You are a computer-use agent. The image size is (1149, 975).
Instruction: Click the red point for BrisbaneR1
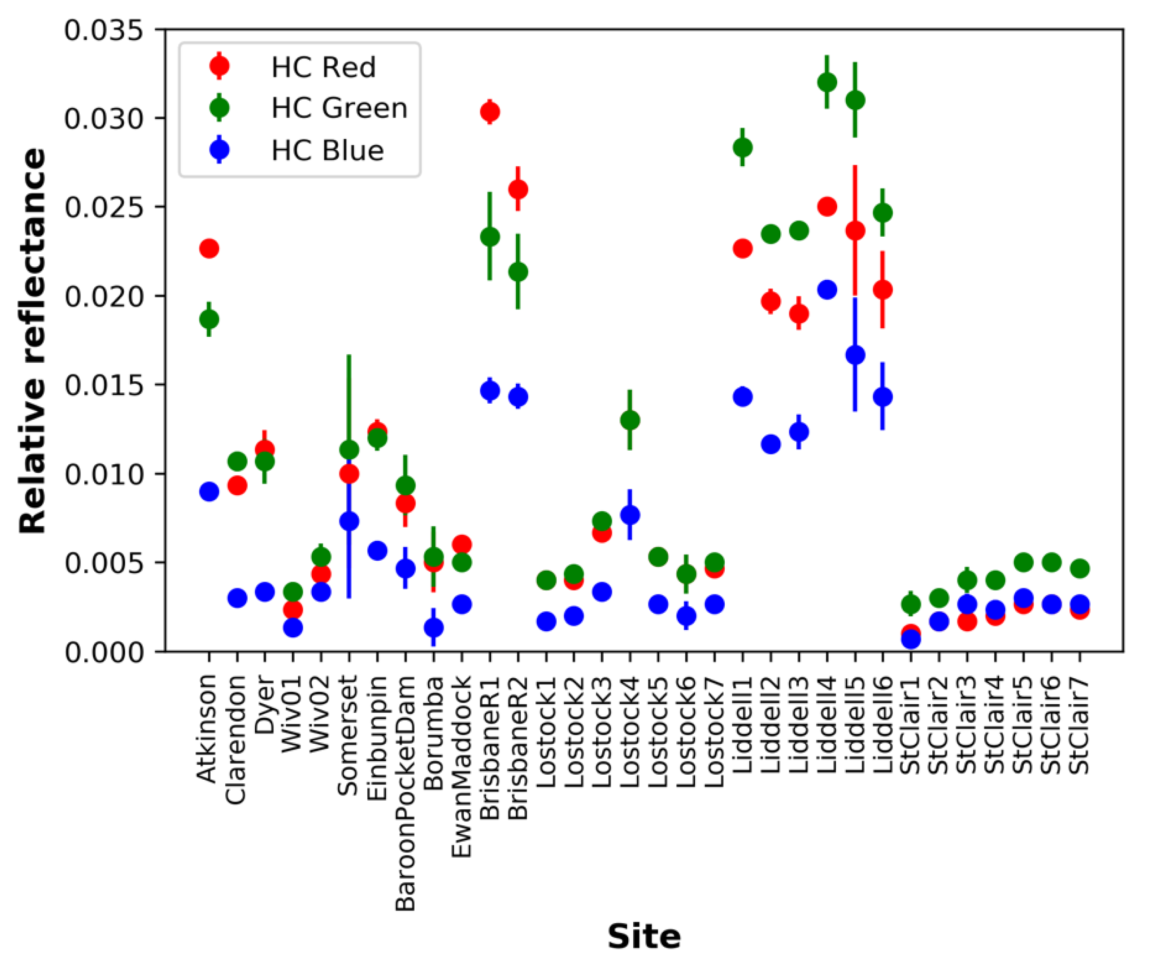(490, 112)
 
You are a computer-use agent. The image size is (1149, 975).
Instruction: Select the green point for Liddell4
(826, 82)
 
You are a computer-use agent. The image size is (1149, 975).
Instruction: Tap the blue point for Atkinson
(209, 492)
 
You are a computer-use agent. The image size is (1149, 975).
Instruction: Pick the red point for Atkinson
(209, 248)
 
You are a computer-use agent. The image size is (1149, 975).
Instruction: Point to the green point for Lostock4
(630, 420)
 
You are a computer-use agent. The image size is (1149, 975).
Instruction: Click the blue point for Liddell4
(826, 289)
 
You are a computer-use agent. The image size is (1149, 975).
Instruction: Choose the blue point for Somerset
(349, 521)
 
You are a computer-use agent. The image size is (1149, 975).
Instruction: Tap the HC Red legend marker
(219, 66)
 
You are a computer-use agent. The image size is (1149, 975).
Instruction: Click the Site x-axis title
(644, 936)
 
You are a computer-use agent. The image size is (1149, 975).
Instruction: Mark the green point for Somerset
(349, 450)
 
